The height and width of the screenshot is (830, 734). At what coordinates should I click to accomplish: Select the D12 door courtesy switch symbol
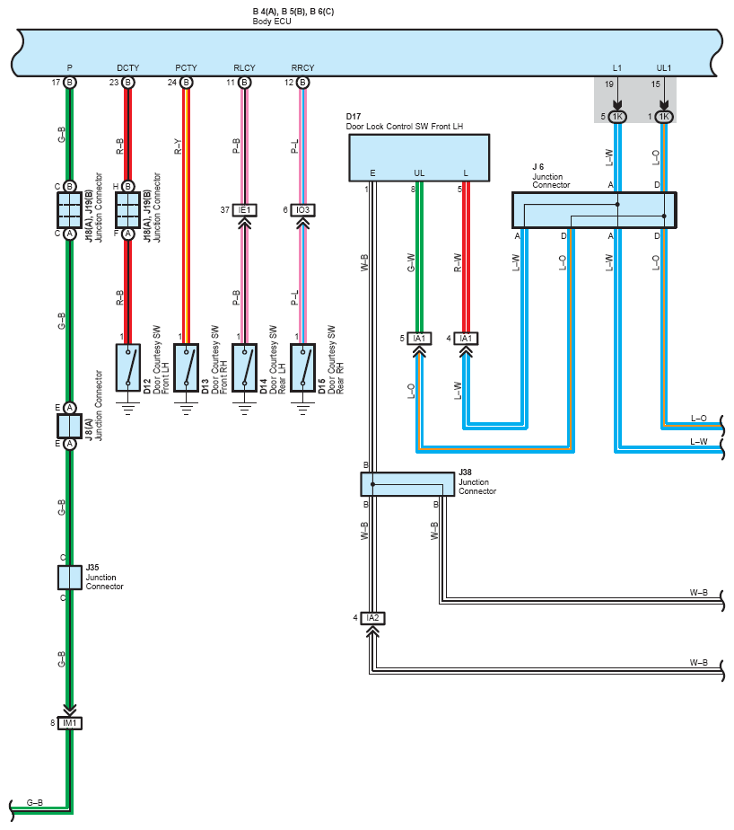128,367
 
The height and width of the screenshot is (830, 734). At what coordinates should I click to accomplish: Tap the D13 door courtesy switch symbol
186,367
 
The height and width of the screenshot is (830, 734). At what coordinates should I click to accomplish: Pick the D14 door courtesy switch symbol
244,367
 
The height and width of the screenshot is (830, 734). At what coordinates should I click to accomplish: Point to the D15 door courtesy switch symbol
302,367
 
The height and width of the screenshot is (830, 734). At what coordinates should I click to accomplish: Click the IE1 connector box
244,210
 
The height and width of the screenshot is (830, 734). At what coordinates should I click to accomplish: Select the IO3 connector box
302,210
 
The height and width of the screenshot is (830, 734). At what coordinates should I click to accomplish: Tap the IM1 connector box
70,723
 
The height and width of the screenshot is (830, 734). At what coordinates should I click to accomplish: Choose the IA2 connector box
372,618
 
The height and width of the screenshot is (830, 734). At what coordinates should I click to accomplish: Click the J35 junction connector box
70,578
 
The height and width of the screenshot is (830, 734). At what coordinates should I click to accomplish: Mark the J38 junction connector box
407,484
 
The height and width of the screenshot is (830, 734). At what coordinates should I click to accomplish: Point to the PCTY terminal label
186,67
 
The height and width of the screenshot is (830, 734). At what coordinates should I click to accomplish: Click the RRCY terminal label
302,67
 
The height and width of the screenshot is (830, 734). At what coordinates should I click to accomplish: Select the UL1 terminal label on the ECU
664,67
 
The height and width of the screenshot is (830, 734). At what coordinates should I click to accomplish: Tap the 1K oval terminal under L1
617,117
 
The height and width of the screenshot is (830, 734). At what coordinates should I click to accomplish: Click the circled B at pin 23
128,83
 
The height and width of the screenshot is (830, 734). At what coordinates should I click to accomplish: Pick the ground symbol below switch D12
128,408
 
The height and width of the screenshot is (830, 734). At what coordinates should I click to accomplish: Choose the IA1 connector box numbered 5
419,339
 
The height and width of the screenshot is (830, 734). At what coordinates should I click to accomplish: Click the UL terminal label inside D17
419,173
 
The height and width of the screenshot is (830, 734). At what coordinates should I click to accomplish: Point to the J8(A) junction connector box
70,426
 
